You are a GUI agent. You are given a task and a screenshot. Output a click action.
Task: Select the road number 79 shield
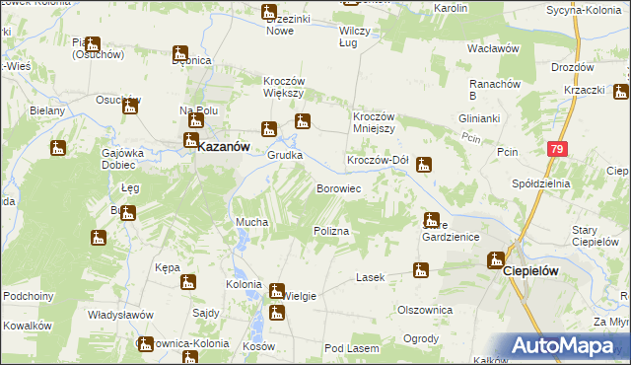point(558,148)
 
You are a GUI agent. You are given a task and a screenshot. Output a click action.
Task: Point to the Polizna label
point(332,230)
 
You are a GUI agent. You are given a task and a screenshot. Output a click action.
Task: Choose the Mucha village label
point(250,223)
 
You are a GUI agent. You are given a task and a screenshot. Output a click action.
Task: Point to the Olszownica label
point(424,309)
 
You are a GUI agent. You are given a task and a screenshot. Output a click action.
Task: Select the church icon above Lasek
point(421,270)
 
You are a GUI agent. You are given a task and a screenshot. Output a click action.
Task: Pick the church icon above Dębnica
point(179,53)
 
